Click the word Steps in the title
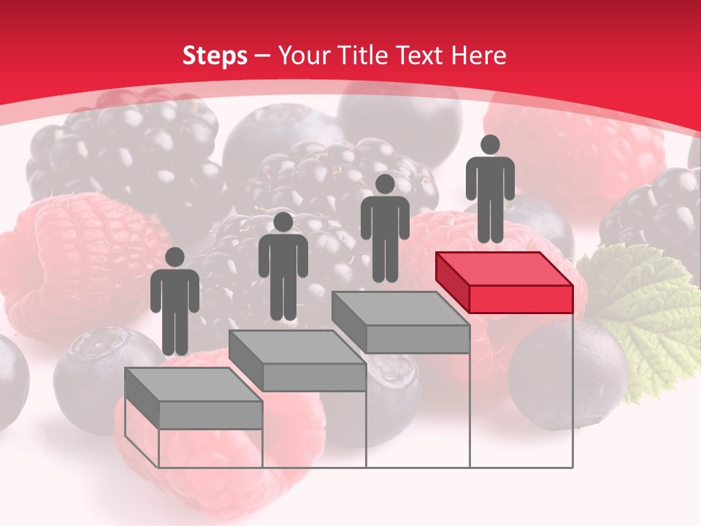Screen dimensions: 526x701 [215, 56]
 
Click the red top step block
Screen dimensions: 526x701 [504, 281]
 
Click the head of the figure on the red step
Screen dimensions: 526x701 [490, 145]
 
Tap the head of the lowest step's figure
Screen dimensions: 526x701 [175, 257]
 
